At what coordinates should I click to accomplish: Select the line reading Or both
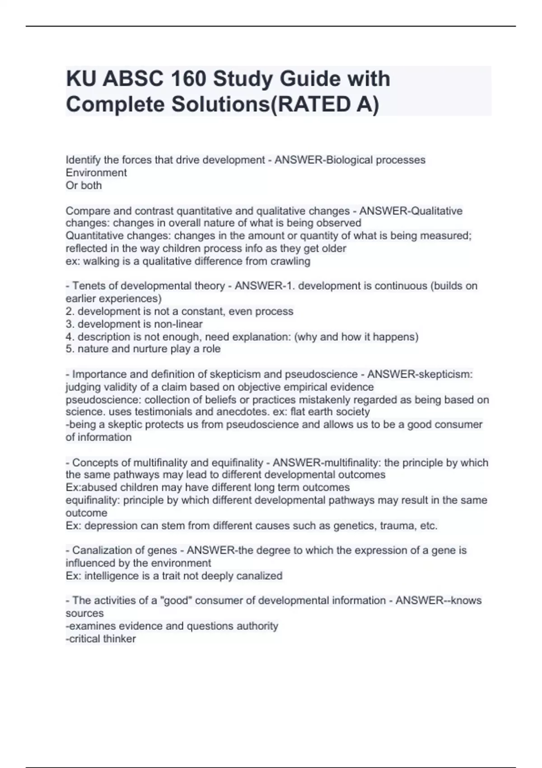coord(84,185)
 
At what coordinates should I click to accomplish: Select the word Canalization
coord(102,550)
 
